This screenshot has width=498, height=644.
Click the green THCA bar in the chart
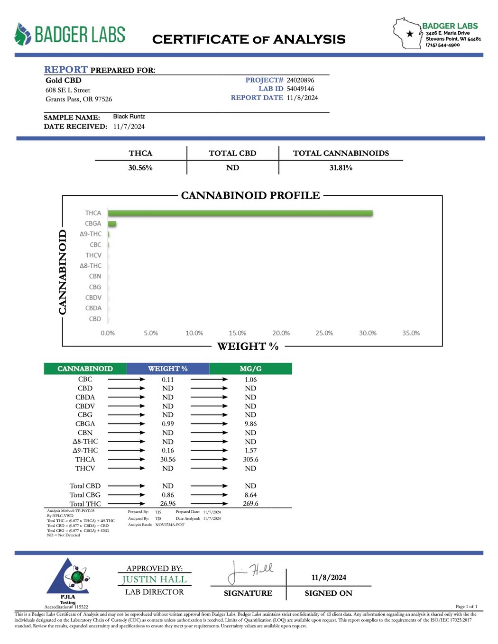[x=240, y=213]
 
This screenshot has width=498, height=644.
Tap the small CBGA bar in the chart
[x=112, y=224]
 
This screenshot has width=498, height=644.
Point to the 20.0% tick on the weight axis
[x=281, y=333]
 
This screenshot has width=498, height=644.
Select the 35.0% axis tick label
[x=411, y=333]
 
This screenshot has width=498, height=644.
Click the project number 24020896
[x=300, y=80]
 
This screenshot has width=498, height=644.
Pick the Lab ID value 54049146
[x=300, y=89]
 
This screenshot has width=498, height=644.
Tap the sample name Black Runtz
[x=129, y=117]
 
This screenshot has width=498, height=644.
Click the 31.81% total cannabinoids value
[x=341, y=168]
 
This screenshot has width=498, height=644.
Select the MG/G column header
[x=250, y=369]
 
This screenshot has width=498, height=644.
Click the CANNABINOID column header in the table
[x=85, y=369]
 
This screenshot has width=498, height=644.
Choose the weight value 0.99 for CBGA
[x=168, y=424]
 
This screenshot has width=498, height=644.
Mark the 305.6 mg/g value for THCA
[x=250, y=459]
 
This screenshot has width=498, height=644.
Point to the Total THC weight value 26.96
[x=168, y=504]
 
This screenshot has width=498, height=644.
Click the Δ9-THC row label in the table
[x=85, y=450]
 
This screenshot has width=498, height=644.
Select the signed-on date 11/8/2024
[x=329, y=577]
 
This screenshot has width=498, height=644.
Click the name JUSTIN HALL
[x=154, y=580]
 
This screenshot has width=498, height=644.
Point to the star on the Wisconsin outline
[x=410, y=34]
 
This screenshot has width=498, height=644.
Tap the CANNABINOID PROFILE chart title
[x=250, y=195]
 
